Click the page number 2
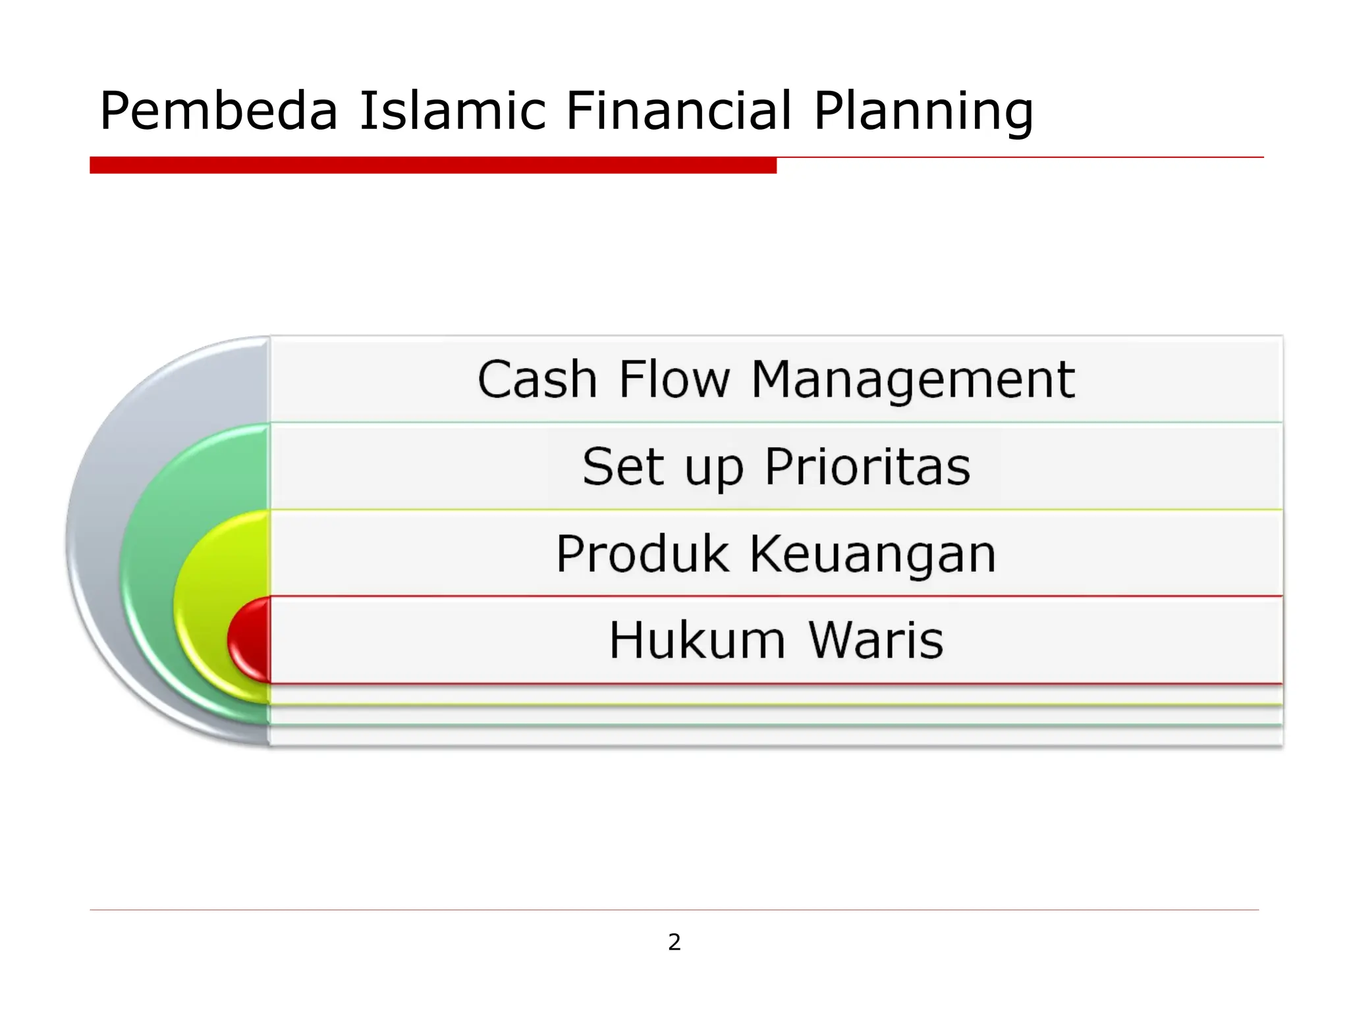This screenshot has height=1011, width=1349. click(674, 943)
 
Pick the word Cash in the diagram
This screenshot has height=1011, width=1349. click(537, 380)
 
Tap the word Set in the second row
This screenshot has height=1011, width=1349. click(622, 467)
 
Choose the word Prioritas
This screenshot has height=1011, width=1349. click(867, 467)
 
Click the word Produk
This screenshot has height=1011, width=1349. click(642, 554)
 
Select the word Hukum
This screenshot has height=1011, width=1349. click(697, 640)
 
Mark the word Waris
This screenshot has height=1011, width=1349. click(876, 640)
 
